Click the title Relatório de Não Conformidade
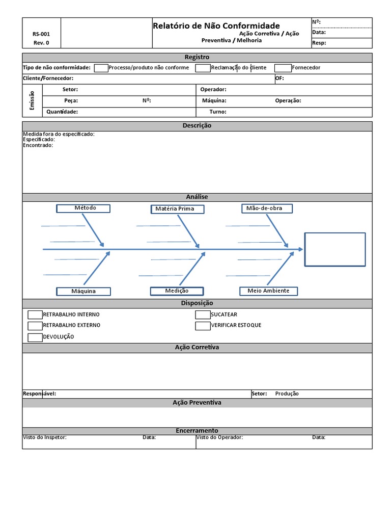(x=216, y=25)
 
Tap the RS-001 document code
(x=41, y=34)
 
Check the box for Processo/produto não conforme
(x=101, y=68)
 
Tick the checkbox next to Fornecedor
(x=283, y=68)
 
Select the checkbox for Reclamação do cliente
(x=203, y=68)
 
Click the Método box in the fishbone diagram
(x=83, y=208)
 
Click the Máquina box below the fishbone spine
(x=83, y=292)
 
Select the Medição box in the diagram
(x=177, y=291)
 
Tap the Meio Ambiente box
(x=268, y=291)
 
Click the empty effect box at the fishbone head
(x=334, y=249)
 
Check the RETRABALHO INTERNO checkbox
(x=35, y=315)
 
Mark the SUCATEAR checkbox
(x=203, y=315)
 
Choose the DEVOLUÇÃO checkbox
(x=35, y=337)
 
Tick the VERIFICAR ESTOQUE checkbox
(x=203, y=326)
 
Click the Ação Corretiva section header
(x=197, y=347)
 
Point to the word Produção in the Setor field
(x=287, y=394)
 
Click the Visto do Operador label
(x=219, y=437)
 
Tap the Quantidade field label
(x=62, y=112)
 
